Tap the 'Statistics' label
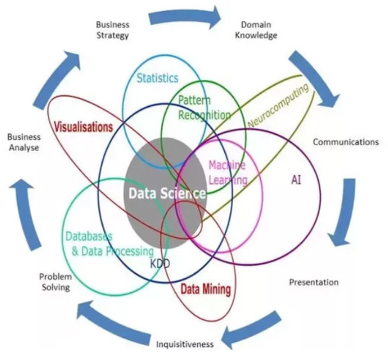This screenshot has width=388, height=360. [x=157, y=78]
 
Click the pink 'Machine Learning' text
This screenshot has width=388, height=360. [x=227, y=173]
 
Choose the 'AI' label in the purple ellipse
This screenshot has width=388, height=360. [x=296, y=180]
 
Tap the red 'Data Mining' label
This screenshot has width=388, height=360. [x=206, y=290]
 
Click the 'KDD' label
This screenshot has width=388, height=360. [x=160, y=264]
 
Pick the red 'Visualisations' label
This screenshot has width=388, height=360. [x=83, y=126]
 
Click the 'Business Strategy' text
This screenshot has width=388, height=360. [x=112, y=30]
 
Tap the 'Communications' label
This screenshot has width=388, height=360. [x=346, y=142]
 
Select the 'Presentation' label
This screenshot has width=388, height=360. [x=314, y=282]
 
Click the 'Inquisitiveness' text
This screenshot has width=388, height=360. [x=185, y=344]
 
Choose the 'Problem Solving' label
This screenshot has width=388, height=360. [x=55, y=281]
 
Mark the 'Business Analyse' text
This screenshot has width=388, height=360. [x=23, y=142]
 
